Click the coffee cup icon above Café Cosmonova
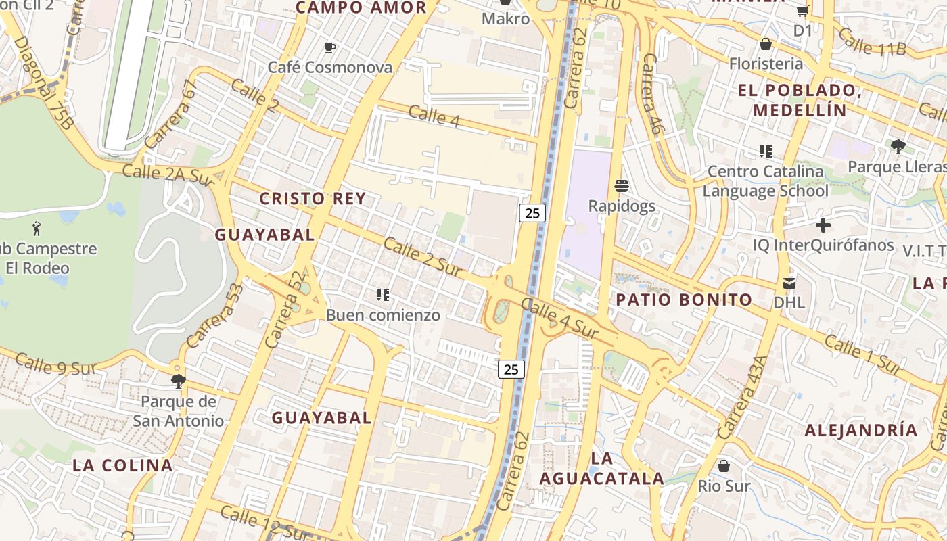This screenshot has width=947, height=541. pos(330,47)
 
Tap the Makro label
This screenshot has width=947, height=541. pos(505,18)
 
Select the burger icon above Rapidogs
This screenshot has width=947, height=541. pos(622,185)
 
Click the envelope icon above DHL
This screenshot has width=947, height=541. pos(789,283)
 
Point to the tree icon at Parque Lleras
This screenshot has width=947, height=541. pos(898,146)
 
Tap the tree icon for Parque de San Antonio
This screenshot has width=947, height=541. pos(178,381)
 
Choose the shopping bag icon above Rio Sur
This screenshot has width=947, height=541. pos(724,466)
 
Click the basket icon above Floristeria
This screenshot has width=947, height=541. pos(766,44)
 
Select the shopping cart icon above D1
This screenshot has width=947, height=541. pos(803,11)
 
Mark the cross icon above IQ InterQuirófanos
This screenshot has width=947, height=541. pos(823,225)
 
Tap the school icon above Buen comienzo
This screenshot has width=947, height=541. pos(383,295)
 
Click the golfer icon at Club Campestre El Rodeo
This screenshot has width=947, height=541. pos(37,229)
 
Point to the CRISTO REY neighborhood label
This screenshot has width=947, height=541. pos(313,199)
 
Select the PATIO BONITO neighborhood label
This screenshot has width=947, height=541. pos(684,300)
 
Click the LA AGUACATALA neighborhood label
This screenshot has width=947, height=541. pos(601,469)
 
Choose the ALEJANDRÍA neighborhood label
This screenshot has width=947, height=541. pos(860,430)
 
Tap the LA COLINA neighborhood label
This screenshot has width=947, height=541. pos(122,465)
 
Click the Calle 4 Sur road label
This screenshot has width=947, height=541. pos(560,320)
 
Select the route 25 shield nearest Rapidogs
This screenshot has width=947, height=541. pos(532,213)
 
